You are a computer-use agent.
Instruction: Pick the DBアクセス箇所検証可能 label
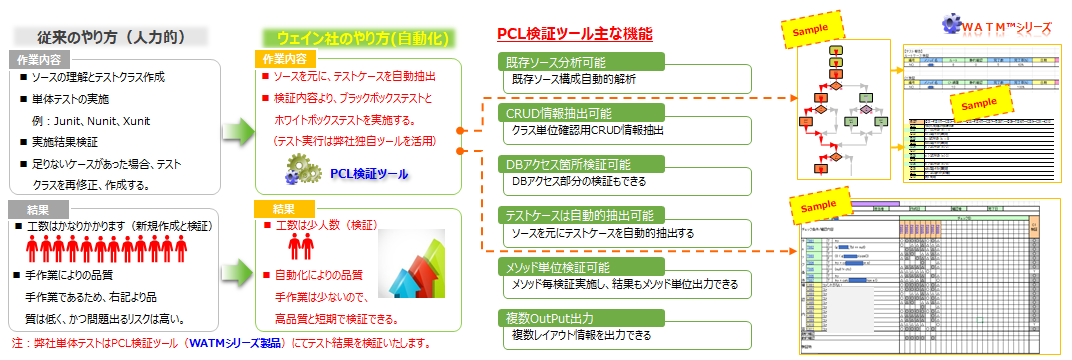(566, 163)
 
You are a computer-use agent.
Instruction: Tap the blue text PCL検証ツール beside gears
(369, 173)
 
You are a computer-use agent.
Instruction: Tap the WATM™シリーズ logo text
(1004, 24)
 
